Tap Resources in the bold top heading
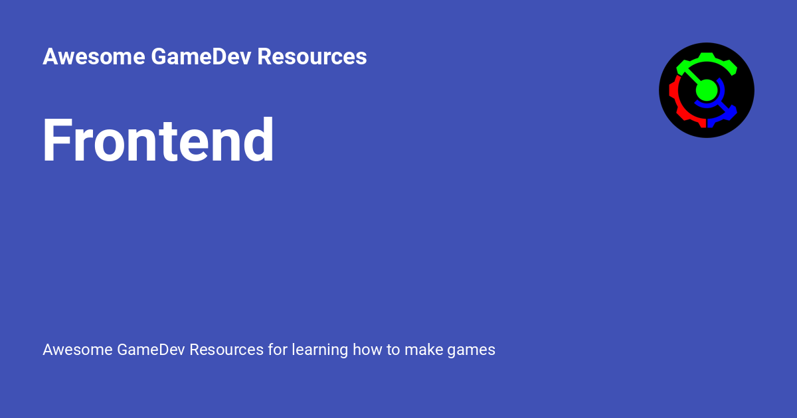tap(311, 57)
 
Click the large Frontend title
tap(158, 141)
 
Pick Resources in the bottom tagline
tap(226, 350)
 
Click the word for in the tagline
tap(278, 350)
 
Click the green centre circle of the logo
tap(707, 90)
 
